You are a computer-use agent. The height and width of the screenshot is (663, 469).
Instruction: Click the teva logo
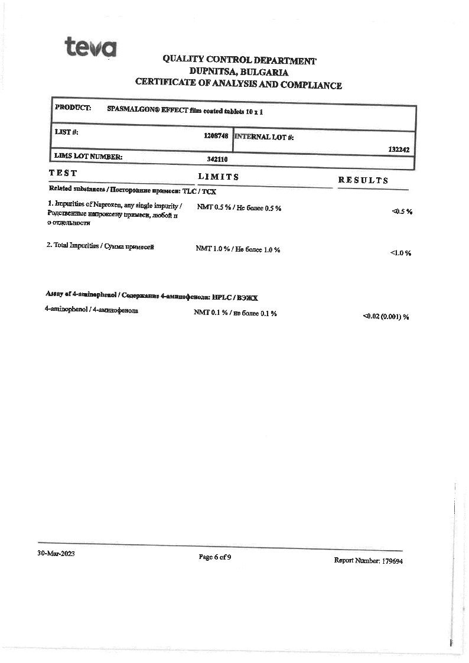tap(90, 47)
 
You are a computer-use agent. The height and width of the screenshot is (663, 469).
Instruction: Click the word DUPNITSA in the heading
tap(212, 73)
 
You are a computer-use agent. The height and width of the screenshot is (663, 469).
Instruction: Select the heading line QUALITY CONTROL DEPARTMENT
tap(239, 60)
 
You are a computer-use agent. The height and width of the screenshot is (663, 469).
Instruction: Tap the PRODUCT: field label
tap(73, 108)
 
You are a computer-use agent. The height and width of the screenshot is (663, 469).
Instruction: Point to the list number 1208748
tap(216, 136)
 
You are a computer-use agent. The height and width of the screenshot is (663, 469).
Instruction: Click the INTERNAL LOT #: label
tap(264, 137)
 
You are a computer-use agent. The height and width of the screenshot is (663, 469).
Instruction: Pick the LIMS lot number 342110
tap(217, 159)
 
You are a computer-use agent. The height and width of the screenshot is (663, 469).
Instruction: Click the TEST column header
tap(63, 173)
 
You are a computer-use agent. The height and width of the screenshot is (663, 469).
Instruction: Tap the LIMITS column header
tap(219, 177)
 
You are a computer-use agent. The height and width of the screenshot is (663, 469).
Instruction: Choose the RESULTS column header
tap(363, 180)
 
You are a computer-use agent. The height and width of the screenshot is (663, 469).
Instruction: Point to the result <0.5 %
tap(402, 212)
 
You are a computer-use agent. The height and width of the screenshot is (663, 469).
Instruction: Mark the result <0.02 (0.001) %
tap(386, 317)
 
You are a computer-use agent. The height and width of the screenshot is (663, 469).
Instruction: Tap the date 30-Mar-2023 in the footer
tap(56, 554)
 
